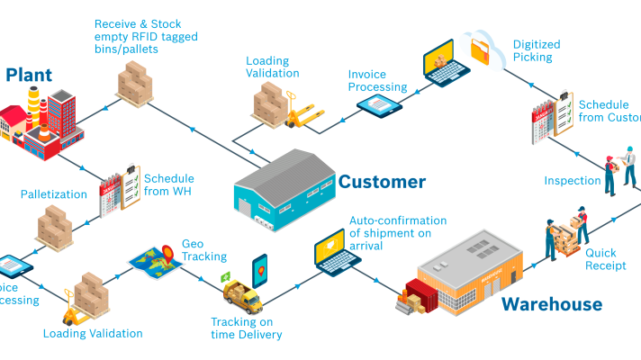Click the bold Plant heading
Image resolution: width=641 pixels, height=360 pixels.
[x=29, y=75]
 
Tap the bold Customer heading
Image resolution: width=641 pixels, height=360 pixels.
[x=382, y=182]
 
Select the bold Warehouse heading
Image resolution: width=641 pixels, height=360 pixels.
[x=551, y=304]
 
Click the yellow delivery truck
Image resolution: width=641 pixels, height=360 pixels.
[x=241, y=294]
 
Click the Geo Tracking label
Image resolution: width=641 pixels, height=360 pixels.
[x=199, y=250]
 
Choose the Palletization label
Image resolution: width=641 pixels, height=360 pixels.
[x=53, y=194]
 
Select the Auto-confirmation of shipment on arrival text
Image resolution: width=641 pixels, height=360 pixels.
[x=397, y=233]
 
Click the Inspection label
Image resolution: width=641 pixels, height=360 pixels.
[x=572, y=181]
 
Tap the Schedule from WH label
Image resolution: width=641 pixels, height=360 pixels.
[x=168, y=184]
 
